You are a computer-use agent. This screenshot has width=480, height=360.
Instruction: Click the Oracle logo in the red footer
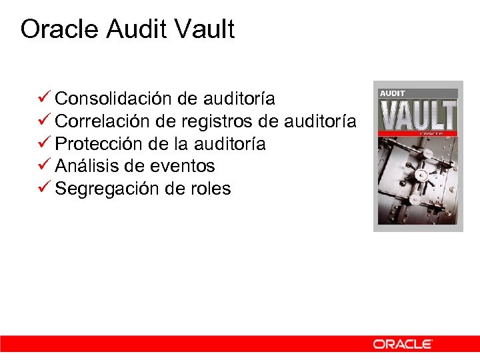point(402,344)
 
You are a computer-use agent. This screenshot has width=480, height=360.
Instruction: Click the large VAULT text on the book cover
point(418,115)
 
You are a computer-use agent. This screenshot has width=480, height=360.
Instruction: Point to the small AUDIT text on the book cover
point(393,93)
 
